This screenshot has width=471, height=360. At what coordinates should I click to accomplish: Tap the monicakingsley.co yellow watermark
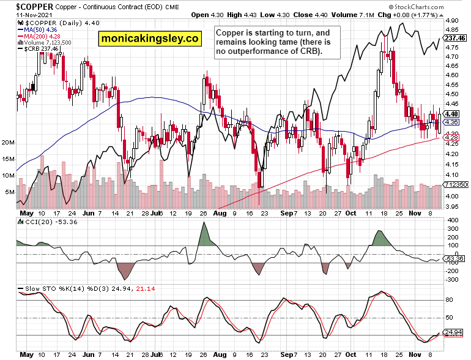(x=150, y=39)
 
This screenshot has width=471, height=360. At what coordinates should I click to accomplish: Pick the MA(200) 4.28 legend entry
(x=42, y=36)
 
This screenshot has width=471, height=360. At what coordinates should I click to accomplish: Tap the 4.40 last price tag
(x=452, y=114)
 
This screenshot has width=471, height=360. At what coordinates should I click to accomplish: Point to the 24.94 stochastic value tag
(x=453, y=332)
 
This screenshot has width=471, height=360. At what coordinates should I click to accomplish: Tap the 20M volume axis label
(x=8, y=142)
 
